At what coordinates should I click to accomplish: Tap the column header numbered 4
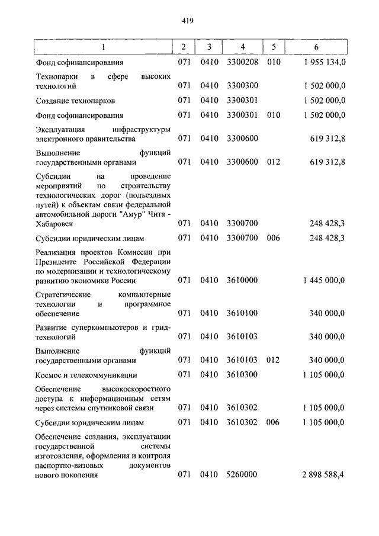pos(243,46)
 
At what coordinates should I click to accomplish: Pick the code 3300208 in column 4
pos(243,62)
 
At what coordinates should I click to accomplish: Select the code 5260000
pos(243,476)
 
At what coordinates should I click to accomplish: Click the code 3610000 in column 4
pos(243,280)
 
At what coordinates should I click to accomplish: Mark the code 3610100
pos(243,313)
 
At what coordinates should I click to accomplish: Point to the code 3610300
pos(243,375)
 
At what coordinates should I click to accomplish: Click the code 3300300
pos(243,86)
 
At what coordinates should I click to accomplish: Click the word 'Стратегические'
pos(63,294)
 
